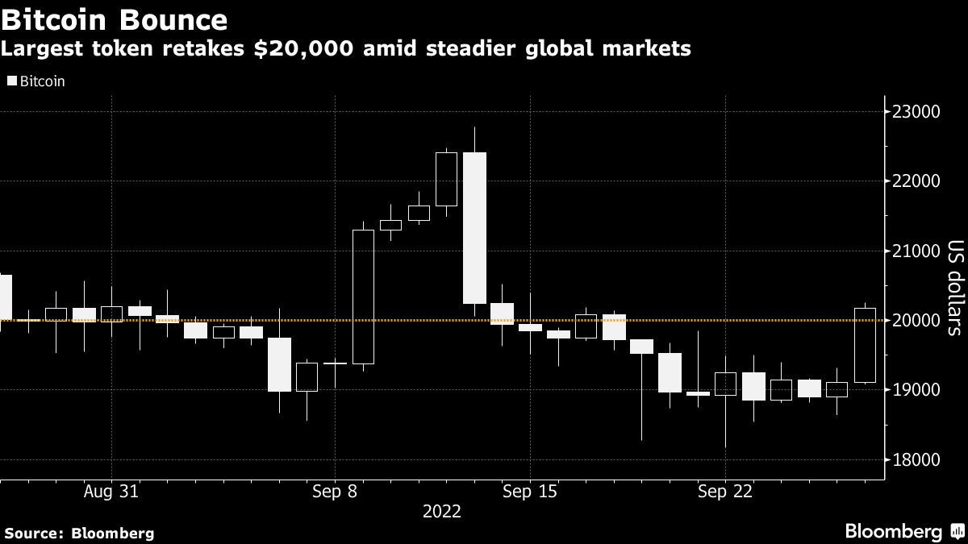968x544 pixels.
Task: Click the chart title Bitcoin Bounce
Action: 114,18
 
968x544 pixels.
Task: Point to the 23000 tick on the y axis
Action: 924,111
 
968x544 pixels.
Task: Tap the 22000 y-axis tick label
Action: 924,181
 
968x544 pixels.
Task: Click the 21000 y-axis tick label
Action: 924,251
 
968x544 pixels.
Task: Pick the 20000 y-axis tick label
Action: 924,321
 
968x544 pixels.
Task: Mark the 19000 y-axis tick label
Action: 924,390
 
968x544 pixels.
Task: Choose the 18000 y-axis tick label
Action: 924,460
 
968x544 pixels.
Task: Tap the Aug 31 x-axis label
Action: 111,492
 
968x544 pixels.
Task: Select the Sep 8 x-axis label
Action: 334,492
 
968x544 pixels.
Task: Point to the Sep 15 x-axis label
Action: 529,492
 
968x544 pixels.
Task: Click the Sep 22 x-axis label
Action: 724,492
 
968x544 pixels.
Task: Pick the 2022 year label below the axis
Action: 443,512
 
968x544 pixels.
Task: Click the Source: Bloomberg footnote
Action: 79,533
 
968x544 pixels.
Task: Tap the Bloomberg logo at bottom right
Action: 903,531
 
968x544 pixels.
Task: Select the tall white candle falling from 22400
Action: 474,228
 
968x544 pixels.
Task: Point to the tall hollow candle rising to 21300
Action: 363,297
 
